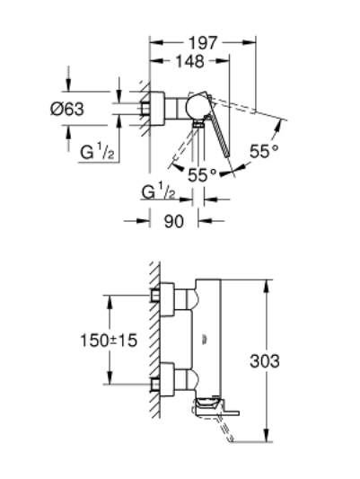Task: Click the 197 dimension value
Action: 203,43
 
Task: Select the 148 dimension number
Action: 189,61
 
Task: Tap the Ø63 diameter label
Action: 66,109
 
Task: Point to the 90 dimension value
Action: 174,221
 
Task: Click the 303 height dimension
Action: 265,361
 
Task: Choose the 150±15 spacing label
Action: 109,340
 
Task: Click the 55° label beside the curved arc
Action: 264,151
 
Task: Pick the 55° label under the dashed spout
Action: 202,175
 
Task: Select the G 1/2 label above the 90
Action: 158,191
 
